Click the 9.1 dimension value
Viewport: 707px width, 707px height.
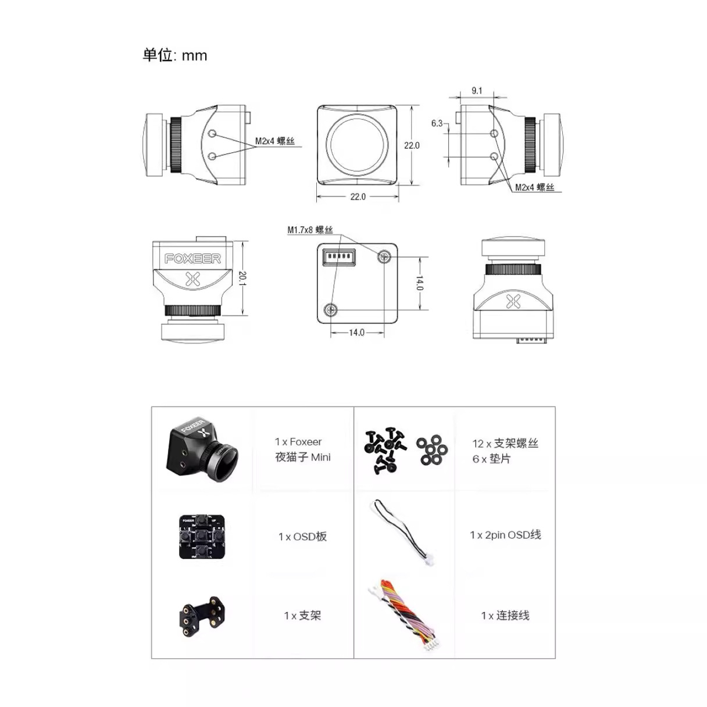point(477,91)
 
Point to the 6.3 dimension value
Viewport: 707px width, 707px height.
point(437,123)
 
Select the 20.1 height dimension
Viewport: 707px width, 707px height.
point(242,278)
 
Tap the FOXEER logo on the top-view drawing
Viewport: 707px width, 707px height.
point(192,259)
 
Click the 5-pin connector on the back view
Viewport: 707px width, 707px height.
point(338,256)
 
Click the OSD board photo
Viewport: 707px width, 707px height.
point(202,537)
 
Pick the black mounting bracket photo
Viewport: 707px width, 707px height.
point(202,617)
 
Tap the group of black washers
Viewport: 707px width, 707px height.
point(432,449)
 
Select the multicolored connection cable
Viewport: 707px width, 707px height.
point(404,615)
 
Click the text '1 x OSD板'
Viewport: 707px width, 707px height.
point(302,537)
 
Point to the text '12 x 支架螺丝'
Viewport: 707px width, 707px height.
point(505,444)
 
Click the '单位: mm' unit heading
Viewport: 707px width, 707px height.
point(175,55)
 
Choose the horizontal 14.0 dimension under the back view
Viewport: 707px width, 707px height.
point(356,333)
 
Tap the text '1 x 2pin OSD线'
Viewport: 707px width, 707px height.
point(505,535)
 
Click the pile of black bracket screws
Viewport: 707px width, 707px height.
point(385,451)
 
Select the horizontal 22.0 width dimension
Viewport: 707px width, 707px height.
point(358,197)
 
